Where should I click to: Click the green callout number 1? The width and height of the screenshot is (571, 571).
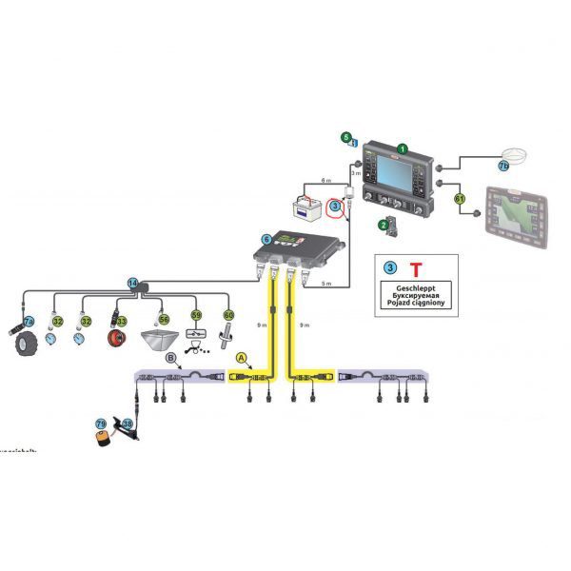click(404, 149)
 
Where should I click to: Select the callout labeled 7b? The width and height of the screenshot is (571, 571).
click(504, 166)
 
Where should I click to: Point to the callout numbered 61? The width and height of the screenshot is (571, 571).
click(460, 199)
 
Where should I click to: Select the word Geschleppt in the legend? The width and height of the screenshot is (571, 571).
click(414, 287)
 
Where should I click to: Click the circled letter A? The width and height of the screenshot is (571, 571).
click(241, 358)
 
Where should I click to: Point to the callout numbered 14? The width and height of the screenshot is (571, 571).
click(133, 283)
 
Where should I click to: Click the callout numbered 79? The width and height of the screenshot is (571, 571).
click(101, 424)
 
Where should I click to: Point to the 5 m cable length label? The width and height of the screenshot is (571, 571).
click(325, 284)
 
